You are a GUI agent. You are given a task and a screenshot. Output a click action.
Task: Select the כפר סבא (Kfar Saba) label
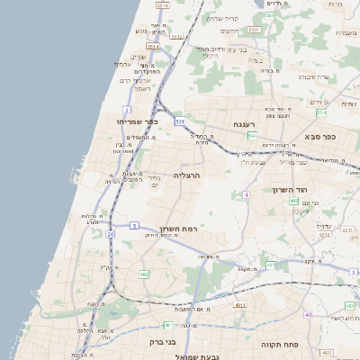(x=319, y=137)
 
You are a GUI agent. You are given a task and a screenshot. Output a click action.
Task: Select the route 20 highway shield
(x=110, y=234)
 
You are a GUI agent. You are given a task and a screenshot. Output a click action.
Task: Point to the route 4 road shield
(x=246, y=194)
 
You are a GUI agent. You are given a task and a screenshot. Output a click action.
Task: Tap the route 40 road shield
(x=309, y=314)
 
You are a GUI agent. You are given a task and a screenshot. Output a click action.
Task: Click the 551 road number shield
(x=255, y=30)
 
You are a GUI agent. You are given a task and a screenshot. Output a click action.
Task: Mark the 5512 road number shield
(x=176, y=37)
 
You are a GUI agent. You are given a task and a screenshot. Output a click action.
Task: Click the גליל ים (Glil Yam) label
(x=155, y=180)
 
